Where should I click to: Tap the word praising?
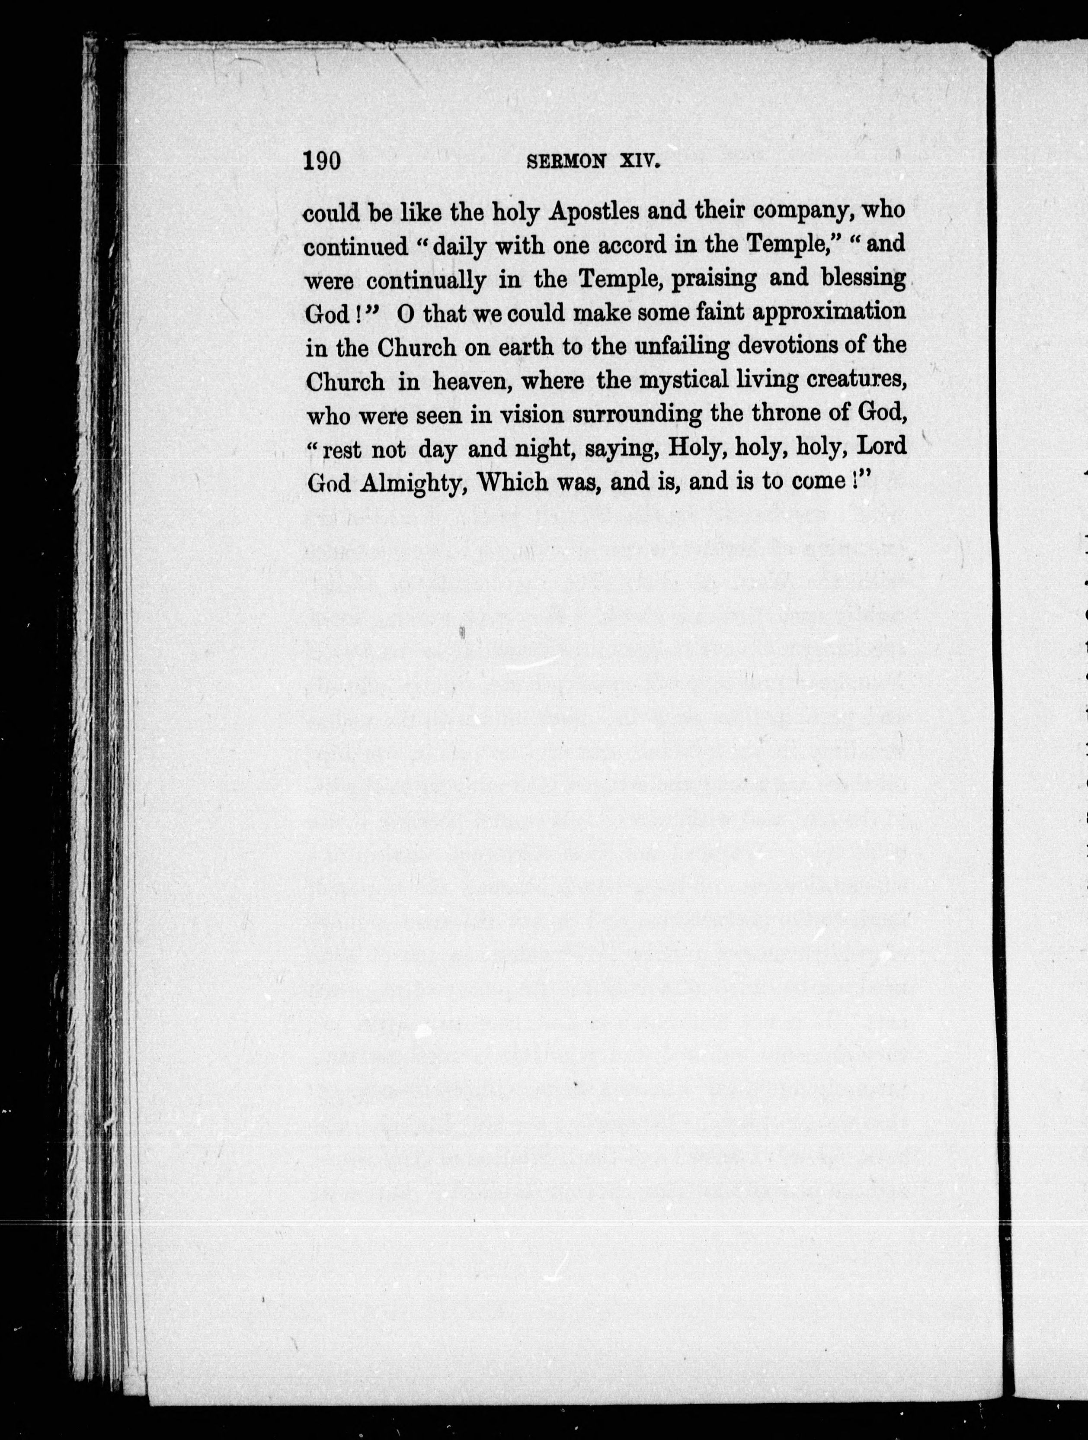coord(714,280)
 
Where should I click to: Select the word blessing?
coord(863,280)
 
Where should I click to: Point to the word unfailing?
coord(682,347)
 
